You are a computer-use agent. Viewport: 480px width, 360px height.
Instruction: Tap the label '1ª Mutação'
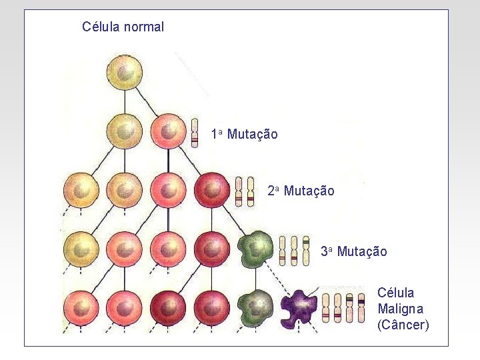[x=244, y=134]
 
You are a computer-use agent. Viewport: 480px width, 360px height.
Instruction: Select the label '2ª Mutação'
[x=301, y=191]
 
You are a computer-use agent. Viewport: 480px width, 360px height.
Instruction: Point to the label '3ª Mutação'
[x=353, y=251]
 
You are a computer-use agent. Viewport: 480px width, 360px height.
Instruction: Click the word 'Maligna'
[x=400, y=309]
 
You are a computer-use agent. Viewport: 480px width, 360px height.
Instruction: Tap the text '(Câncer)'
[x=403, y=325]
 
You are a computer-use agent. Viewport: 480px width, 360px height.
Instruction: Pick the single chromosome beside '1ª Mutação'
[x=195, y=132]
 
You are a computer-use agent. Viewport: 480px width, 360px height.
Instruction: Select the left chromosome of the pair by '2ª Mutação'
[x=239, y=191]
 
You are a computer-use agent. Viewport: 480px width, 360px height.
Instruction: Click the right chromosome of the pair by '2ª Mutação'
[x=251, y=191]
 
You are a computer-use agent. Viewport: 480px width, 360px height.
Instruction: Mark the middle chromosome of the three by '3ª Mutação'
[x=294, y=251]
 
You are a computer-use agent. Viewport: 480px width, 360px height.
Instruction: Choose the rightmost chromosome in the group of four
[x=361, y=306]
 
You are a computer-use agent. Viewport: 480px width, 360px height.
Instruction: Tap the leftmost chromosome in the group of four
[x=326, y=307]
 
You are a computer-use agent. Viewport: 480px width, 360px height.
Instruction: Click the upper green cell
[x=255, y=249]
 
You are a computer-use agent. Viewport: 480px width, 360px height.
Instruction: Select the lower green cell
[x=254, y=307]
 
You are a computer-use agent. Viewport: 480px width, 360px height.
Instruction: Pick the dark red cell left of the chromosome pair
[x=212, y=191]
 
